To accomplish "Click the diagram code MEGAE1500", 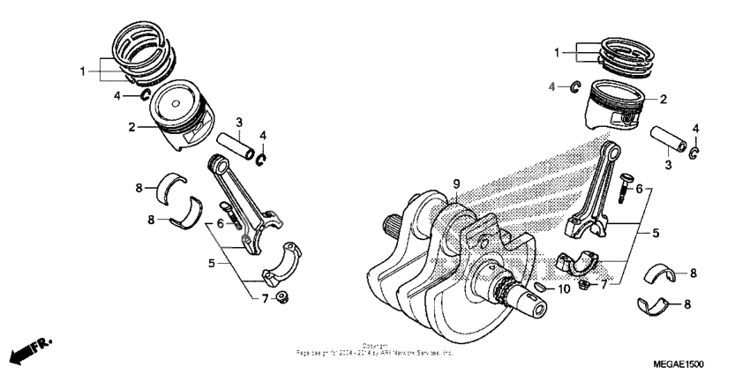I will (679, 363).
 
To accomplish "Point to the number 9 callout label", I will (456, 183).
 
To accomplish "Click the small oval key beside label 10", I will (540, 288).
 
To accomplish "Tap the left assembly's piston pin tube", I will (239, 146).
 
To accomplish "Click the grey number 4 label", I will (552, 86).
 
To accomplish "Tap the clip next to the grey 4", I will (573, 86).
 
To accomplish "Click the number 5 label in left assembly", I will (211, 262).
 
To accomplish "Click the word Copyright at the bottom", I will (374, 346).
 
